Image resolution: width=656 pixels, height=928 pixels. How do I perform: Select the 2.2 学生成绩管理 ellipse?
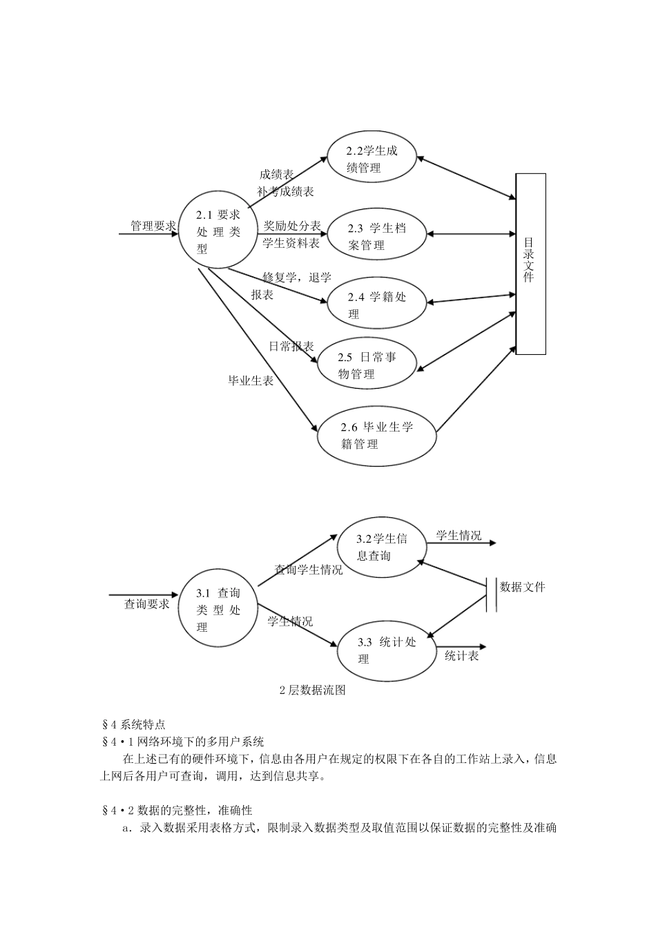[372, 159]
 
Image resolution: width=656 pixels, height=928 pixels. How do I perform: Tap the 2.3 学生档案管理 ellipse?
[376, 236]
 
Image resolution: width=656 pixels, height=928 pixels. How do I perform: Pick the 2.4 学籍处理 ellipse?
[376, 304]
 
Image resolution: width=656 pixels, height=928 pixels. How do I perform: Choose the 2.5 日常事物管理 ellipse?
[367, 365]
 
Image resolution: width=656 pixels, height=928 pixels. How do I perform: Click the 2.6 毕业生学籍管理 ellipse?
[377, 435]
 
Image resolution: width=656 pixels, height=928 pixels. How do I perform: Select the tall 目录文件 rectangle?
[530, 264]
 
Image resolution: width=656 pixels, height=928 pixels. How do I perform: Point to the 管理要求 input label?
[153, 226]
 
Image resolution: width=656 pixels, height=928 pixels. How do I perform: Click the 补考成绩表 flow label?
[286, 191]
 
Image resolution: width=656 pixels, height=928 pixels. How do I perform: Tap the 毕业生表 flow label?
[251, 380]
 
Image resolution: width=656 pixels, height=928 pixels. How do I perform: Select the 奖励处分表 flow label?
[292, 226]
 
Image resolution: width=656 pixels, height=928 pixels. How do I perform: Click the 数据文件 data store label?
[522, 587]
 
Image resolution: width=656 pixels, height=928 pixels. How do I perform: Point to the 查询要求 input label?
[146, 604]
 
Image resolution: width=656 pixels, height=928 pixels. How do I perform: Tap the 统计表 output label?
[461, 656]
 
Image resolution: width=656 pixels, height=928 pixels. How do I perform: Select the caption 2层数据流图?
[312, 690]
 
